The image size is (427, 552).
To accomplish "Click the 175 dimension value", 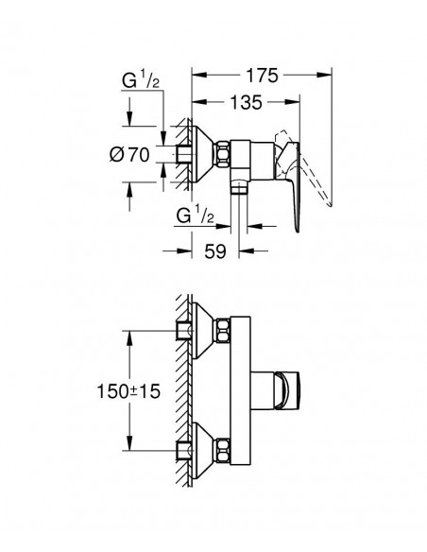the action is [262, 76].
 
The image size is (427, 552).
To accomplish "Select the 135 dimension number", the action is [246, 102].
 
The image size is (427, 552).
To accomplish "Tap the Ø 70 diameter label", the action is [129, 155].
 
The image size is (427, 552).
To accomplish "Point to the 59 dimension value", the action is [215, 251].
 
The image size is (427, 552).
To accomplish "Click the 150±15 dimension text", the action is [128, 391].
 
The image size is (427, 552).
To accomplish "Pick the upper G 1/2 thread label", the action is [141, 80].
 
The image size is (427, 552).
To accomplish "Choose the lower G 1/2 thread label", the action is [196, 216].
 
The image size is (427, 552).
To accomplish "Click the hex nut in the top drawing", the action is [223, 154].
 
